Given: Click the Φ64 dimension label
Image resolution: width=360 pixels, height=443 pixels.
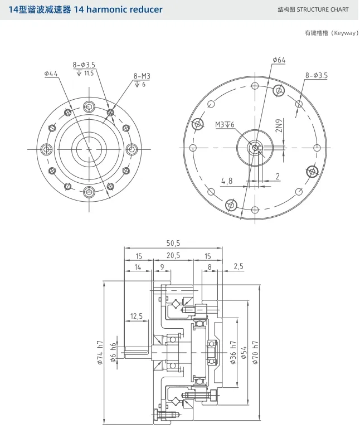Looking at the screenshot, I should (x=279, y=60).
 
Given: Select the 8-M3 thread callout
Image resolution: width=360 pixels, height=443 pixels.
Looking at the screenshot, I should (x=142, y=76).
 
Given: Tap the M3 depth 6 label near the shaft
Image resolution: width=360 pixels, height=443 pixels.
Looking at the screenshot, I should (x=225, y=125).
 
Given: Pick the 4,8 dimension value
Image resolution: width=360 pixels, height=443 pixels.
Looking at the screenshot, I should (x=227, y=181).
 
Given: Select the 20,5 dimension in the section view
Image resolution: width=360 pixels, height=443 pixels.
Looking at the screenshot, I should (x=173, y=256).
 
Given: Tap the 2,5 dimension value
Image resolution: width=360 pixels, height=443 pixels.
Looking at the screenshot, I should (x=239, y=267).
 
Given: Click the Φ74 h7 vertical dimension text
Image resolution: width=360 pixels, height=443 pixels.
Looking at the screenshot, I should (x=101, y=352).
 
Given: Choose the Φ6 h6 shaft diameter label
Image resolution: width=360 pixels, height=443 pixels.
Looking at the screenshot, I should (x=114, y=353).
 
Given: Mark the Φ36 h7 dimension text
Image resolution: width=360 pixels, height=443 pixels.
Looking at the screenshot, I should (x=233, y=352).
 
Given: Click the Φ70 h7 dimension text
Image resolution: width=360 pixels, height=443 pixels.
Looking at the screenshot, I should (x=256, y=352).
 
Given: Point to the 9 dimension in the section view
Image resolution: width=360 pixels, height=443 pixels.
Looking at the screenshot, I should (x=162, y=267).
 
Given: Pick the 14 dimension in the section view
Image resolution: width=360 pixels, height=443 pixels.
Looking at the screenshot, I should (x=137, y=267).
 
